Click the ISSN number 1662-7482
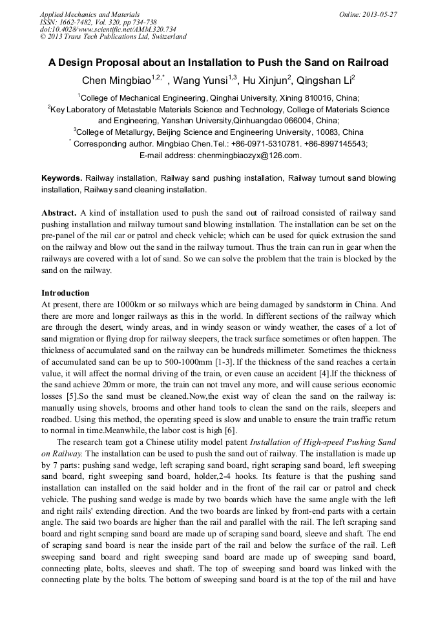[x=79, y=21]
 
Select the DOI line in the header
[x=107, y=29]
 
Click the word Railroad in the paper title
[x=366, y=63]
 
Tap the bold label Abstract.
[x=60, y=213]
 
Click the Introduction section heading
[x=65, y=293]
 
